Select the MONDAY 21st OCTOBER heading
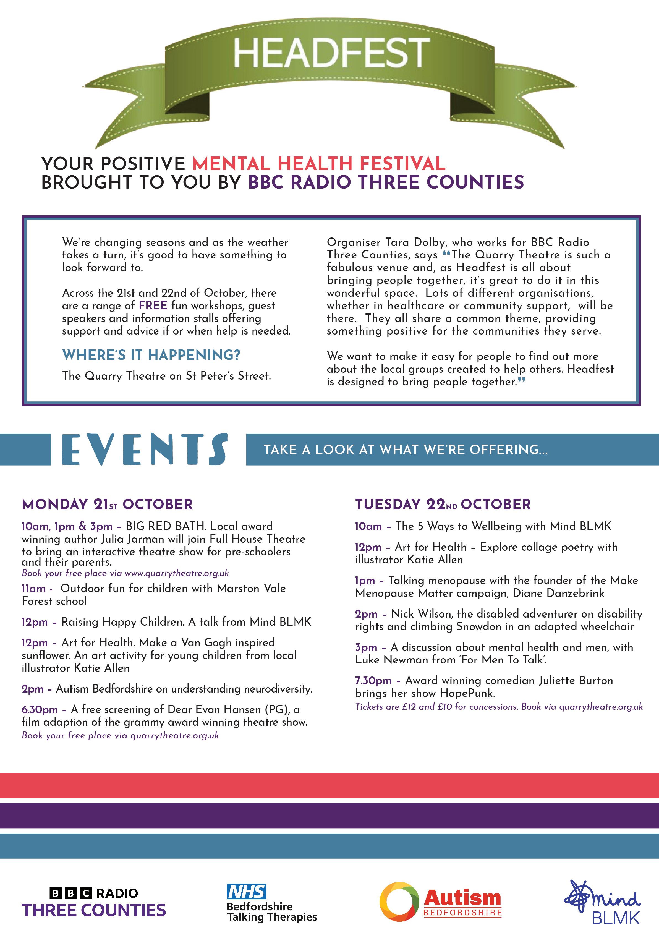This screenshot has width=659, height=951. click(107, 504)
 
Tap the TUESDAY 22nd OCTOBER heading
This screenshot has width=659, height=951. click(443, 504)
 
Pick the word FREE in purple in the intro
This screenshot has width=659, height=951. click(153, 305)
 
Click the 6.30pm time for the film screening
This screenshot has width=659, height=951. click(40, 709)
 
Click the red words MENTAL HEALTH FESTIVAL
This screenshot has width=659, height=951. click(319, 164)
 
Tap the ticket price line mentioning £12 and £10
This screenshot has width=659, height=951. click(499, 707)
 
